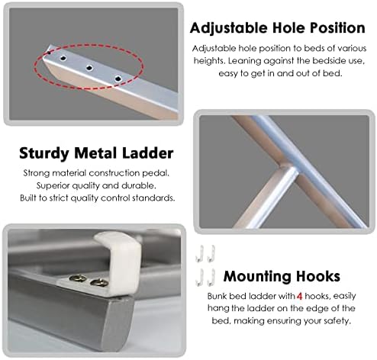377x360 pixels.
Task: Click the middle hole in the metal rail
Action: point(89,68)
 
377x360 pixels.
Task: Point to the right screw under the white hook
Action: point(98,286)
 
